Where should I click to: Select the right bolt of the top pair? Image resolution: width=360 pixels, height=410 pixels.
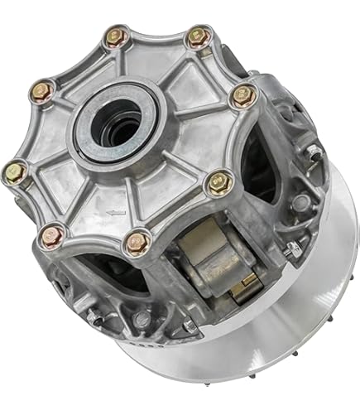coord(195,36)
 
